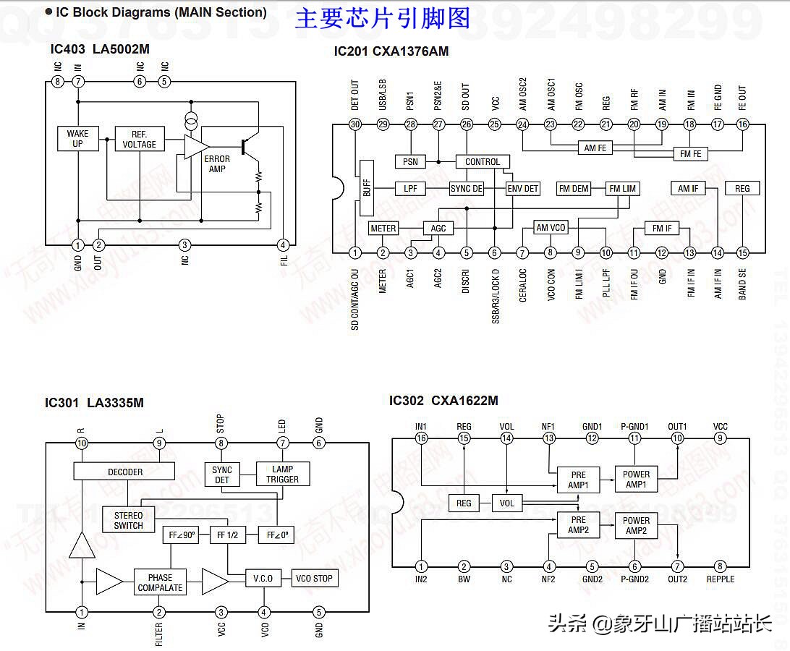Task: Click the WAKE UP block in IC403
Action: tap(77, 138)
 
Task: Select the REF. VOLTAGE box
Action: tap(139, 139)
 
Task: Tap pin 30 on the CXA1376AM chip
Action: tap(354, 124)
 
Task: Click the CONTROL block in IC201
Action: tap(483, 161)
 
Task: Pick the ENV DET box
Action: tap(522, 189)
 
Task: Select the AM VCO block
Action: tap(551, 228)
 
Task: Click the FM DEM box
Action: tap(574, 189)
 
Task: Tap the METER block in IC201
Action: tap(383, 229)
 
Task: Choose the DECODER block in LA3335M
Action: tap(124, 472)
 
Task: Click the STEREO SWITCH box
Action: tap(128, 521)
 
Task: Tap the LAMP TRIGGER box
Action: tap(283, 474)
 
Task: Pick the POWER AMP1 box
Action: tap(636, 480)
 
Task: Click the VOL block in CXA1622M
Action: tap(507, 503)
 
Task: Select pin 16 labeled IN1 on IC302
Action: tap(421, 438)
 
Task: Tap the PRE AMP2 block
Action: tap(578, 525)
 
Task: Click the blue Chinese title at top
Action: tap(382, 18)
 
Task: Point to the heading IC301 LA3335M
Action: tap(94, 403)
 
